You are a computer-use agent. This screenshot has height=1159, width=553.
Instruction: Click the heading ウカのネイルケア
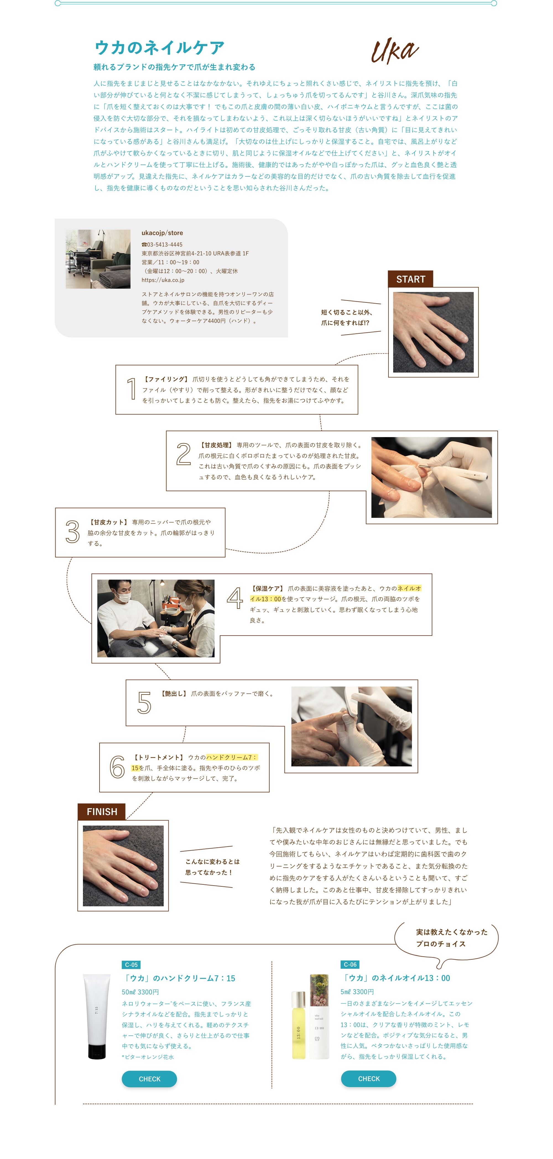point(159,47)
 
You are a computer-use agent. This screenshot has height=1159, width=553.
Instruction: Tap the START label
point(410,280)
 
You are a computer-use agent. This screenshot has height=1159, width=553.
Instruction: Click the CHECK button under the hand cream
point(149,1079)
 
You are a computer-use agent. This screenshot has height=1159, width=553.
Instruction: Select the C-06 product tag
point(350,964)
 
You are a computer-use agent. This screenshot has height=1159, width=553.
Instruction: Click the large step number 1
point(132,389)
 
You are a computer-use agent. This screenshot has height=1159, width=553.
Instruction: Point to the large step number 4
point(234,598)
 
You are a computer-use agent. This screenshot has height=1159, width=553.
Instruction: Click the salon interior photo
point(98,259)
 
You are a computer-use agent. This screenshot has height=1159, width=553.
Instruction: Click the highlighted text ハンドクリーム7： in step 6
point(231,757)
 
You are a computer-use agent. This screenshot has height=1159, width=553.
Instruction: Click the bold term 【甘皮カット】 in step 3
point(108,522)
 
